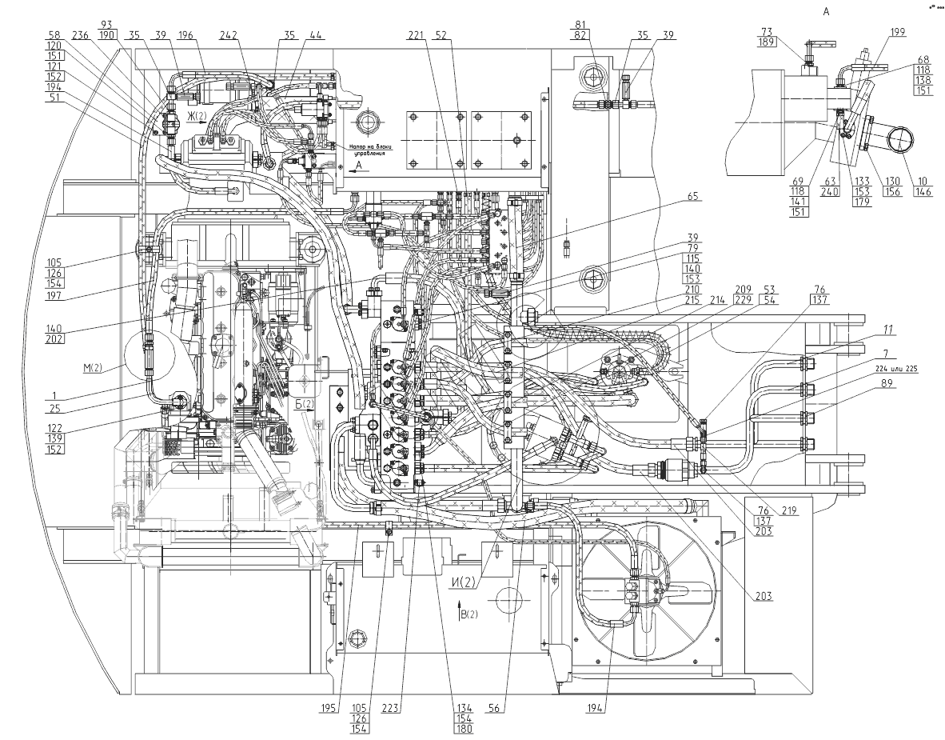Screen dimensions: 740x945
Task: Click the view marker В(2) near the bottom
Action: tap(469, 614)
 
